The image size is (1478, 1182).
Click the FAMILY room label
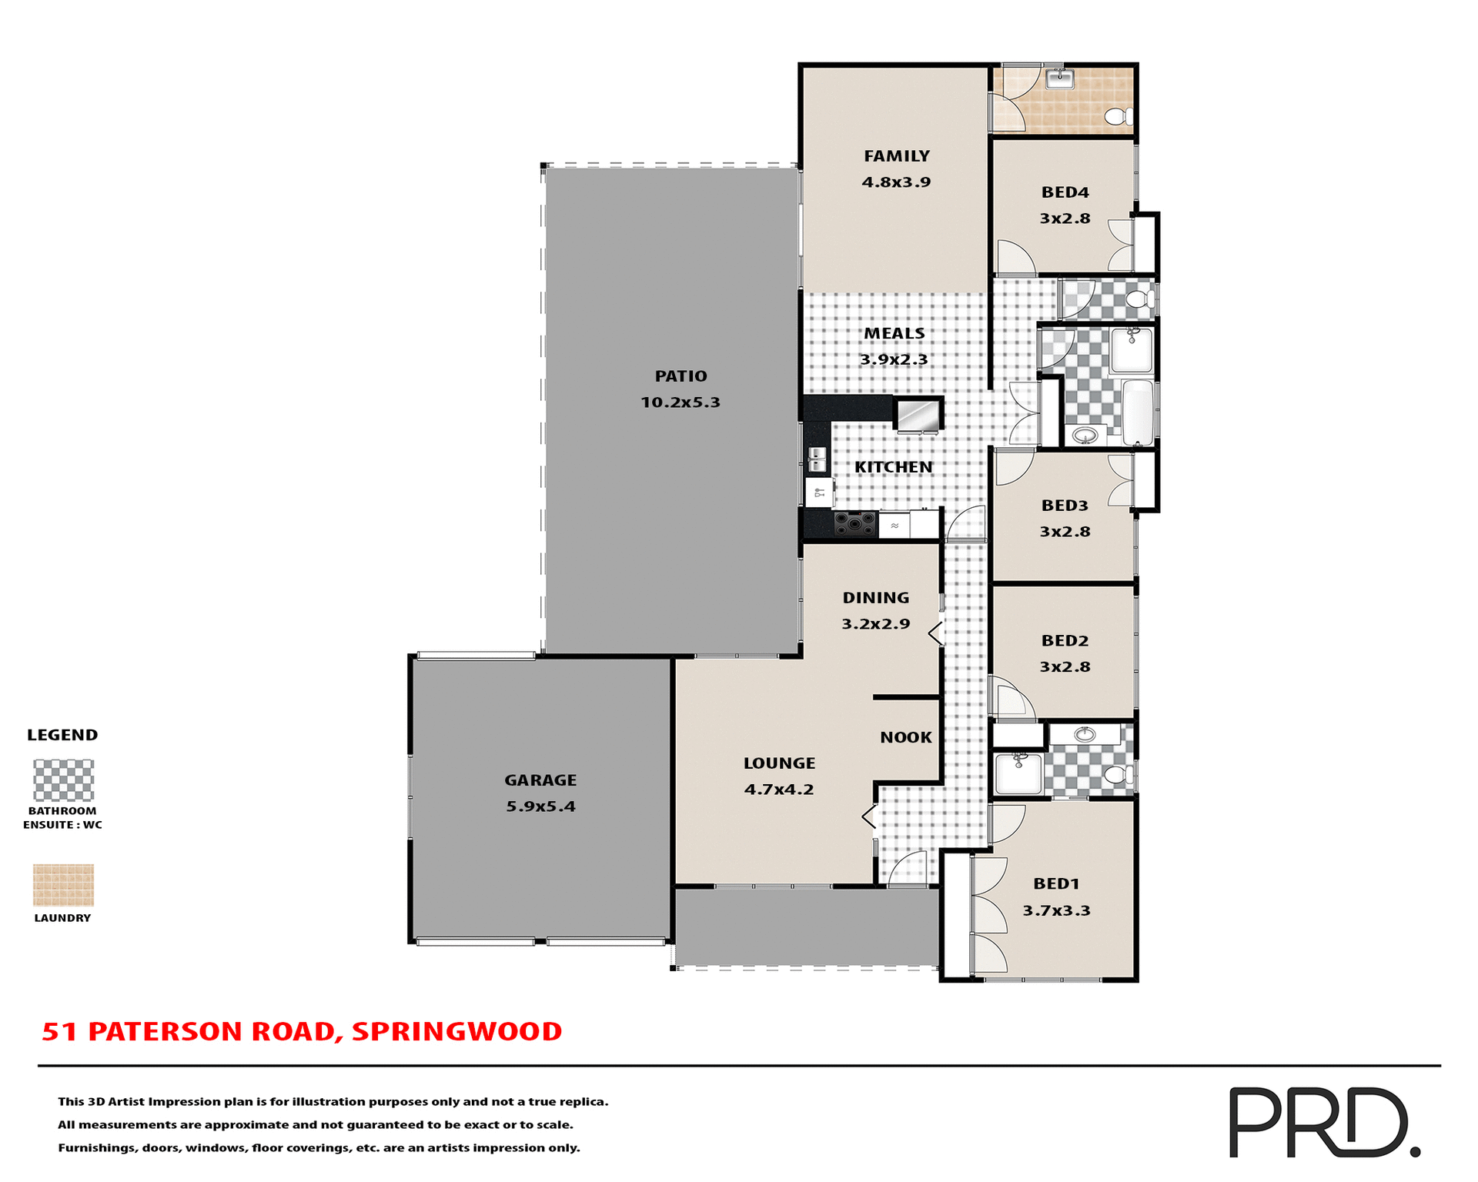coord(896,156)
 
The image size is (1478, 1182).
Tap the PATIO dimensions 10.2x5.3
coord(680,402)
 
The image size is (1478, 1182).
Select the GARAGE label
coord(540,780)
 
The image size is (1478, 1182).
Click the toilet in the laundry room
coord(1118,117)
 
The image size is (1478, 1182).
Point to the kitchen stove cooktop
coord(855,524)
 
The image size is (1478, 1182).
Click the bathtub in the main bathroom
coord(1138,412)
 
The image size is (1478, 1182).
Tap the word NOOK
coord(906,737)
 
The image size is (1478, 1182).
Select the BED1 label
coord(1056,884)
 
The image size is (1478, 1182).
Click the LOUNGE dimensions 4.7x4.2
coord(779,790)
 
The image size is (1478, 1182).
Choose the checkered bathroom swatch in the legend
coord(63,780)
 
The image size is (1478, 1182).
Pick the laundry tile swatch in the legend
coord(63,884)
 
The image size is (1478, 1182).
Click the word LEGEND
coord(62,735)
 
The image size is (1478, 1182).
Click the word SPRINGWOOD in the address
coord(456,1031)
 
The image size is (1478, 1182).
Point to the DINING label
coord(876,598)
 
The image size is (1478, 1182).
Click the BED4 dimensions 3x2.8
coord(1065,219)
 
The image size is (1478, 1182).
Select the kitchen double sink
coord(817,459)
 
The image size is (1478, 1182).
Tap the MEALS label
coord(894,333)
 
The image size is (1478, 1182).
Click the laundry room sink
coord(1060,78)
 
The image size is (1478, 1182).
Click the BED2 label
coord(1065,641)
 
